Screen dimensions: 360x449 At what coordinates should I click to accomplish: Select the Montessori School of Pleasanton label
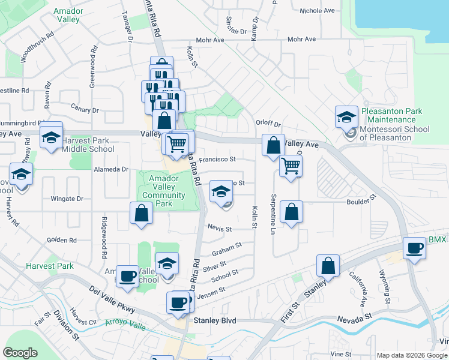click(394, 133)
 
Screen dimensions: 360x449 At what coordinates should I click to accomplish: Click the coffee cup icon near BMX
click(414, 248)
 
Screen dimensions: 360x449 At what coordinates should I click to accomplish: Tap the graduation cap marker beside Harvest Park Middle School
click(51, 137)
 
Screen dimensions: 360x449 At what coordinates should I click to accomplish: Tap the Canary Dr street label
click(84, 110)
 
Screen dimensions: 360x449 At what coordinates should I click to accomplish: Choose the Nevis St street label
click(220, 229)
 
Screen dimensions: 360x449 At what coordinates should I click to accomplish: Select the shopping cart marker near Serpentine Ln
click(291, 166)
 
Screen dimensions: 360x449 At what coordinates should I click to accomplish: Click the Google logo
click(20, 353)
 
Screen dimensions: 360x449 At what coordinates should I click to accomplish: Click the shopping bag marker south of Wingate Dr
click(141, 214)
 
